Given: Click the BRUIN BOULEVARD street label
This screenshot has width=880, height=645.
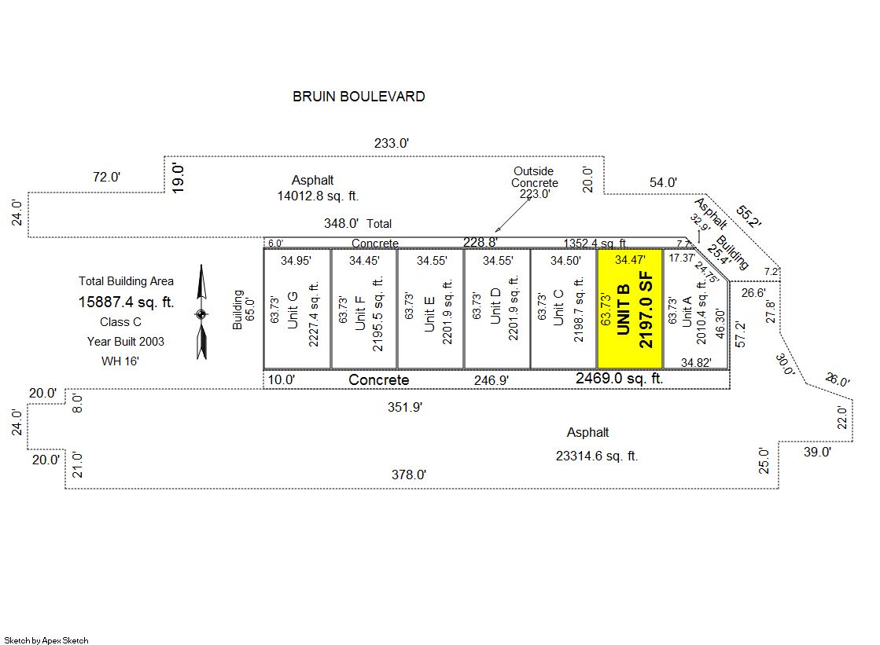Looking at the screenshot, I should click(359, 97).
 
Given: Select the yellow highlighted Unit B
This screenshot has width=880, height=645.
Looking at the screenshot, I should click(629, 309).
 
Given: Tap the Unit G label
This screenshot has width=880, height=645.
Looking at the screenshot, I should click(293, 310).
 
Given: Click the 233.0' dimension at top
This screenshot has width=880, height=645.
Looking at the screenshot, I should click(392, 143).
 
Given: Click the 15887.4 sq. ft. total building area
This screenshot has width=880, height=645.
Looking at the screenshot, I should click(126, 302).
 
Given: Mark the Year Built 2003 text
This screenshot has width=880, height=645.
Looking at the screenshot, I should click(126, 342).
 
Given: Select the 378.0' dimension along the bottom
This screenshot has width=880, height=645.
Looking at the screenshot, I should click(409, 475).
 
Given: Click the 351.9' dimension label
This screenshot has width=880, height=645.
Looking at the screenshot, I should click(407, 407).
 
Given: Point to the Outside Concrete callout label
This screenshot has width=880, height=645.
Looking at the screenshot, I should click(534, 178).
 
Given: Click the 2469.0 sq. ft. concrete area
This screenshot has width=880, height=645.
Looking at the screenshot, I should click(620, 379).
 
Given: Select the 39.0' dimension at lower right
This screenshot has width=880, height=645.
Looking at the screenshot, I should click(816, 452).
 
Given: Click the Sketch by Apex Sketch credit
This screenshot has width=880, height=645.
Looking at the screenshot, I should click(46, 640).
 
